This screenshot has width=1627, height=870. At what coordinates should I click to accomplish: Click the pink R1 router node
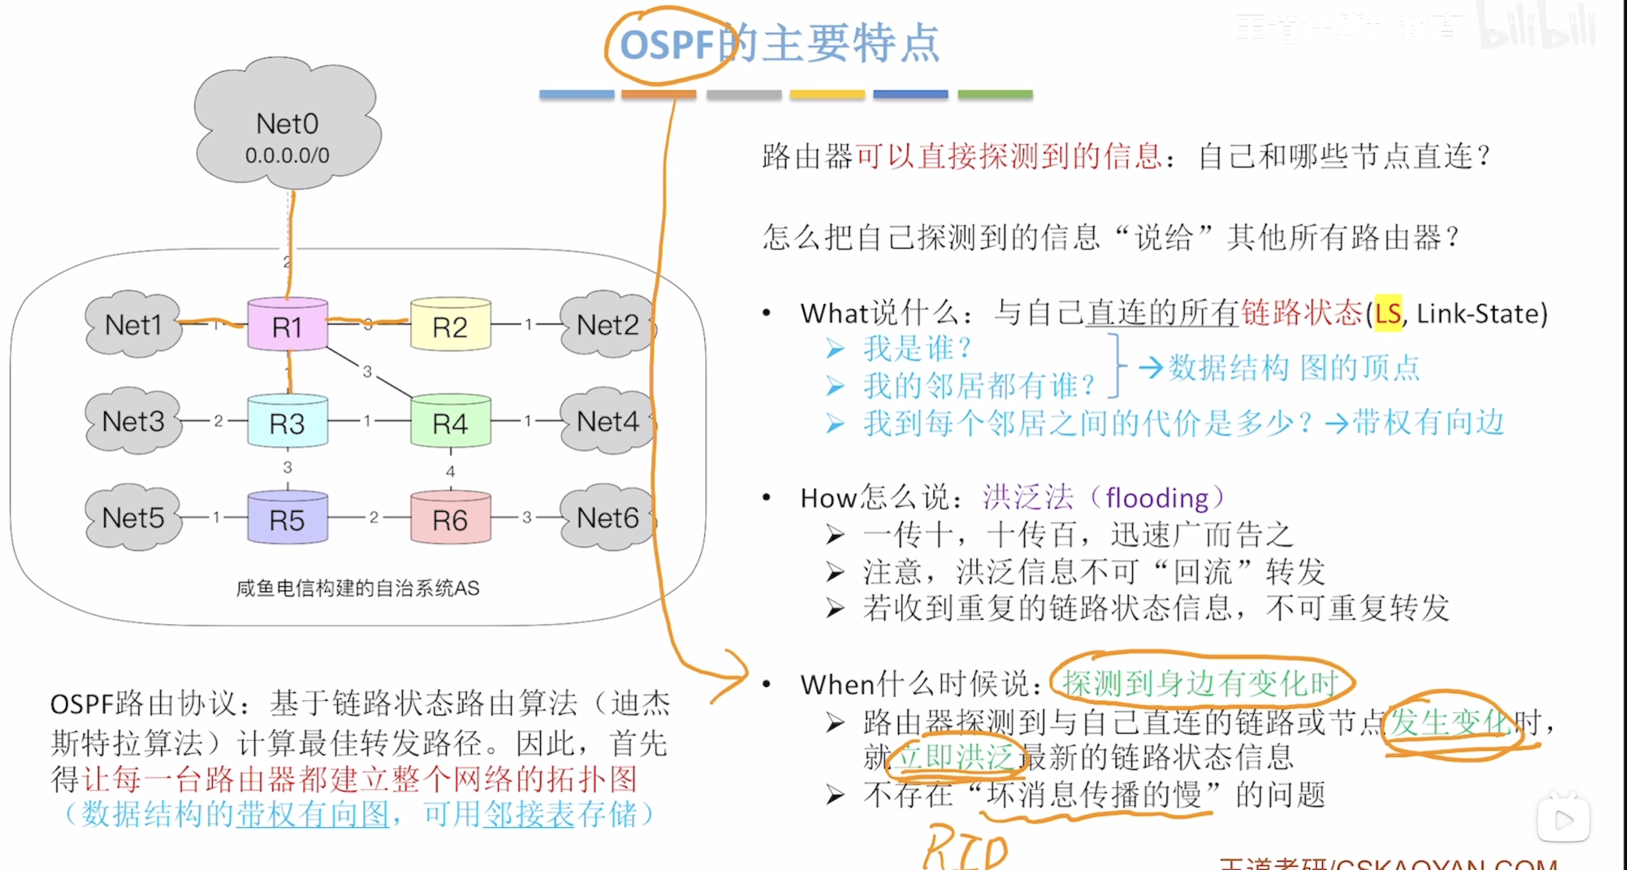tap(287, 326)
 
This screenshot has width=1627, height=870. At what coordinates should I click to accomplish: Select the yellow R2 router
tap(450, 326)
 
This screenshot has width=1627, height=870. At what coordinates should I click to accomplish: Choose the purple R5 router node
tap(287, 519)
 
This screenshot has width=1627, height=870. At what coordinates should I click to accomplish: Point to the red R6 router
tap(450, 519)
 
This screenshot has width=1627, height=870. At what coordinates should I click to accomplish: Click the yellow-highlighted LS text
tap(1388, 313)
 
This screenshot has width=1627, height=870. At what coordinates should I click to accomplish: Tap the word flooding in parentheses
tap(1157, 498)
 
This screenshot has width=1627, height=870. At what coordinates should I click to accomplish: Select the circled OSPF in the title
tap(666, 45)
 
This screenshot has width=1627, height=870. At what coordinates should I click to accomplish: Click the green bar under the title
tap(995, 94)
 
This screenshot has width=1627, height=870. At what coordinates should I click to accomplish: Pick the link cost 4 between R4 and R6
tap(450, 471)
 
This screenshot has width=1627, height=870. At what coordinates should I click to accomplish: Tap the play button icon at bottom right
tap(1563, 820)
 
